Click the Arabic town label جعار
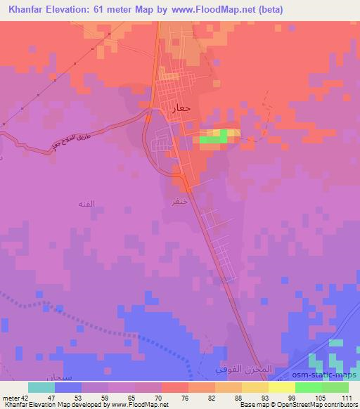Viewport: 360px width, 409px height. pos(179,110)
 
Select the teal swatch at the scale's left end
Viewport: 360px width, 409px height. pos(41,387)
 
